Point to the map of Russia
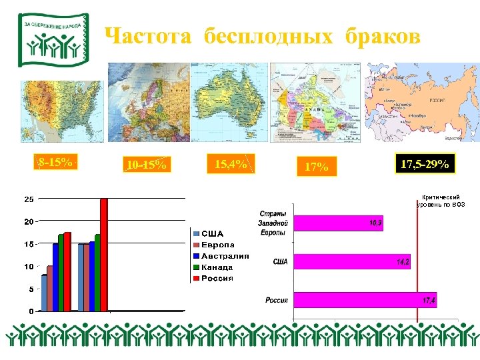pos(422,103)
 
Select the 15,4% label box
pos(231,163)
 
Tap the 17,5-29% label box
pos(425,164)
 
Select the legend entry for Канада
pos(217,267)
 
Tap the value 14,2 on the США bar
pos(403,263)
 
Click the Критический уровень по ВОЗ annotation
pos(441,201)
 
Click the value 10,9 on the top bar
pos(375,223)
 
